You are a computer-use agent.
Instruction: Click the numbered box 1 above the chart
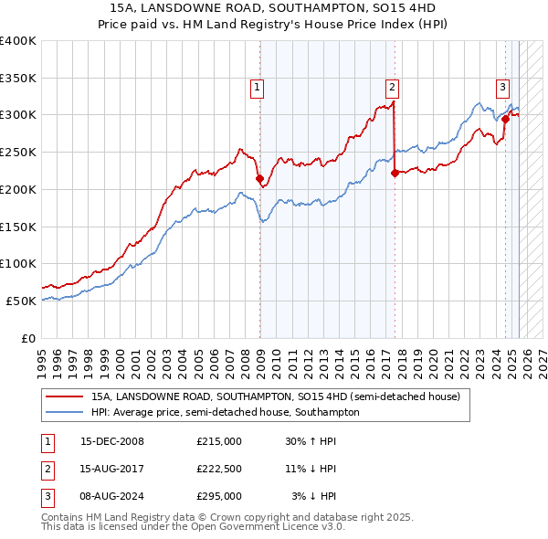tap(257, 88)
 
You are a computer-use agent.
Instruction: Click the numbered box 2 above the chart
tap(392, 88)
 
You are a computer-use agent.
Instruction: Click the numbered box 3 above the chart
tap(502, 88)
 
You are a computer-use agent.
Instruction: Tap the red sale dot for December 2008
tap(259, 178)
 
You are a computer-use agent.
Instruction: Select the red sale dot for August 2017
tap(395, 173)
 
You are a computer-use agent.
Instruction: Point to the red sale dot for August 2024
tap(505, 119)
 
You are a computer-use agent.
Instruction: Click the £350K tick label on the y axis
tap(17, 78)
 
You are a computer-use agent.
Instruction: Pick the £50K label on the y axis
tap(21, 301)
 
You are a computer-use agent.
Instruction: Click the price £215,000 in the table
tap(218, 440)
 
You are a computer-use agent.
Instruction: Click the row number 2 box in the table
tap(47, 469)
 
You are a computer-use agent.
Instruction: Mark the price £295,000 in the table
tap(218, 497)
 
